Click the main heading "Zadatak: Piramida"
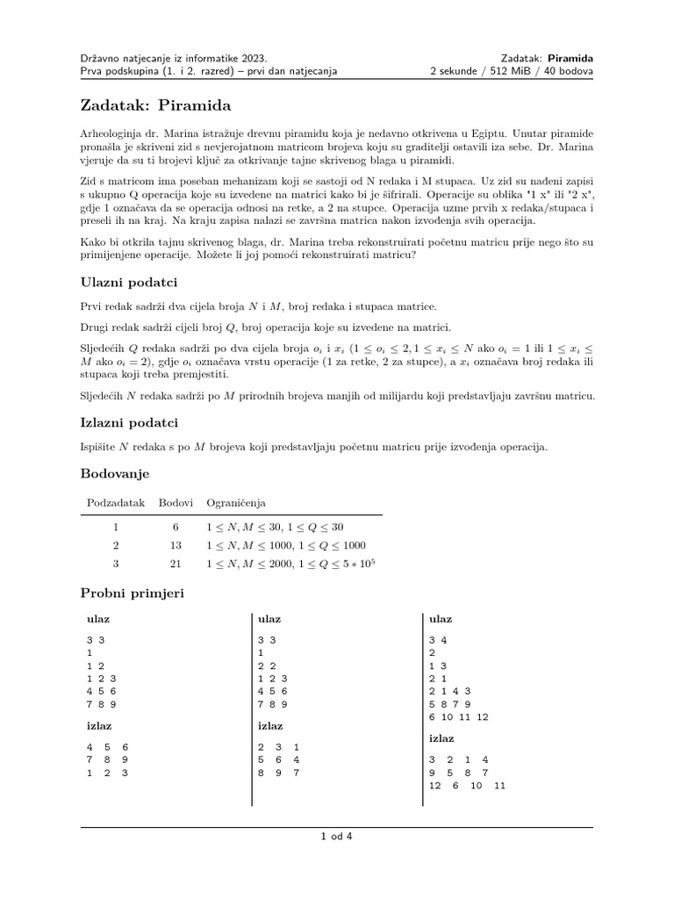click(x=155, y=106)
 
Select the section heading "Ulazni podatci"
click(x=129, y=283)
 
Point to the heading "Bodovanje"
click(x=115, y=474)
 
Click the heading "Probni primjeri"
click(x=132, y=593)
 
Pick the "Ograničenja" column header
click(x=236, y=503)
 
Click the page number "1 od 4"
click(x=336, y=836)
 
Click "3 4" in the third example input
click(x=438, y=640)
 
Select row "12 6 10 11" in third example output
click(x=467, y=786)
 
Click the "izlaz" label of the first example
click(x=98, y=726)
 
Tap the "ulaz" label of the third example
click(x=441, y=619)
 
